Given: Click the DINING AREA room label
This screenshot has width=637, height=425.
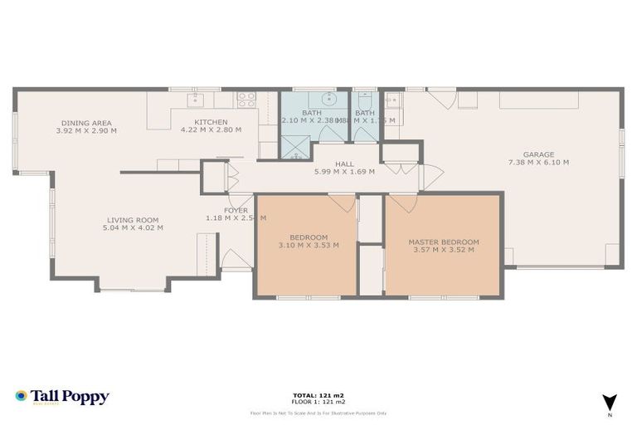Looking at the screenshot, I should coord(86,123).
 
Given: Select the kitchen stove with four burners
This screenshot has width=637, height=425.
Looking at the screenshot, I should coord(246,99).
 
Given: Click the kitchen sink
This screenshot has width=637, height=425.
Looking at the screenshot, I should coord(196,100).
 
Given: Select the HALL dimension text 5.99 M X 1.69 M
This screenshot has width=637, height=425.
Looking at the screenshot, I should coord(344,172).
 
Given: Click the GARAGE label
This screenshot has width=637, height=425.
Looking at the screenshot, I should coord(538,154).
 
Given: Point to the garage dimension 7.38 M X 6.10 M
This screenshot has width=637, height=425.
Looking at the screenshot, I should coord(538,163).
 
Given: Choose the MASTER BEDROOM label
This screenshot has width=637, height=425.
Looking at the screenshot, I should coord(443,242).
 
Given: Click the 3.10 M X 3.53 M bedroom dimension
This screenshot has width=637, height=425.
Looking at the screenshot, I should coord(309,245).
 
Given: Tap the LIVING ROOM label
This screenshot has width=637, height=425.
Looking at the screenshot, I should coord(133,220).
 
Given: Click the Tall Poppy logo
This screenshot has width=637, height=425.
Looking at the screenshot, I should coord(62,397).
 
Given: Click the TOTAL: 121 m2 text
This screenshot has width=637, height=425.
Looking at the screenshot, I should coord(318,394).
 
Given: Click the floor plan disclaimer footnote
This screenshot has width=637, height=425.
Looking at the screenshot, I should coord(318,413).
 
